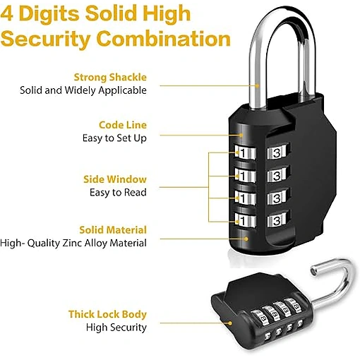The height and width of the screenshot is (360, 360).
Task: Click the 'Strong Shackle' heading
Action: coord(110,77)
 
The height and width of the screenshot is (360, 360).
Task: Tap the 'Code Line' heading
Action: coord(123,125)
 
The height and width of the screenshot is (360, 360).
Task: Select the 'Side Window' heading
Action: coord(115,179)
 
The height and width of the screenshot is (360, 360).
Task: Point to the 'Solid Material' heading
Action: coord(113,230)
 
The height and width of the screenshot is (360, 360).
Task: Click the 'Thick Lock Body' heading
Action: coord(107,314)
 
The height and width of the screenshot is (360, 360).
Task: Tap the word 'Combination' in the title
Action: coord(163,39)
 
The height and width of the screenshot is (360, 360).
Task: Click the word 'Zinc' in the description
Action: coord(72,243)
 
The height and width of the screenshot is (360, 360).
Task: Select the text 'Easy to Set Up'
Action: coord(114,138)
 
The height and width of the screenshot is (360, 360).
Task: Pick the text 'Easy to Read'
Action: coord(118,193)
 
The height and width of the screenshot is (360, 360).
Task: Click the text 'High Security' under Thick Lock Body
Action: coord(116,328)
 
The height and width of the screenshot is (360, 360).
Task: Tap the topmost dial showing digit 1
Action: coord(245,152)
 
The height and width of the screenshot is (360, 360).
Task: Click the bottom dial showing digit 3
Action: coord(277,220)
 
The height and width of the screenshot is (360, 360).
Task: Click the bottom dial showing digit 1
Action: coord(245,220)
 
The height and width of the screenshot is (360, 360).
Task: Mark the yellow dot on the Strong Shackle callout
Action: coord(257,86)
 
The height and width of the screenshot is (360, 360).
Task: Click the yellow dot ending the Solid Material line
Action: coord(246,239)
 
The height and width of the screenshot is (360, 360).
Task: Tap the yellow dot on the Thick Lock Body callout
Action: coord(230,323)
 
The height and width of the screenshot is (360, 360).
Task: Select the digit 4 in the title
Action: coord(6,13)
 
